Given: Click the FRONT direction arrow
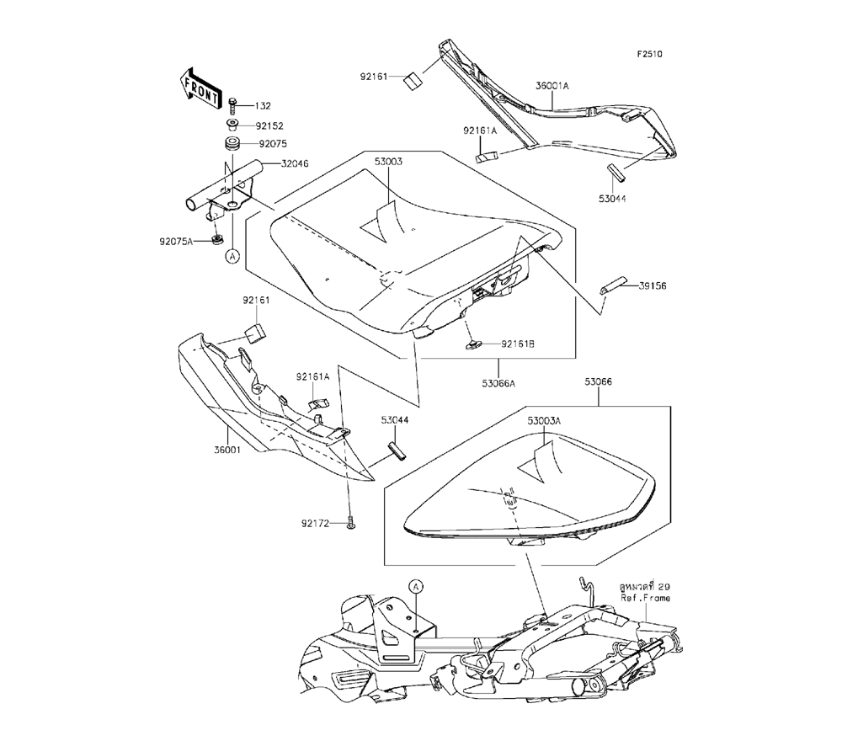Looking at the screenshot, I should pyautogui.click(x=200, y=85).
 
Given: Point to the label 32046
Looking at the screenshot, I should pyautogui.click(x=271, y=164).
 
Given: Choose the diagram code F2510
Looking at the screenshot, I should pyautogui.click(x=649, y=53).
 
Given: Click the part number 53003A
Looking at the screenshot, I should pyautogui.click(x=544, y=419).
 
